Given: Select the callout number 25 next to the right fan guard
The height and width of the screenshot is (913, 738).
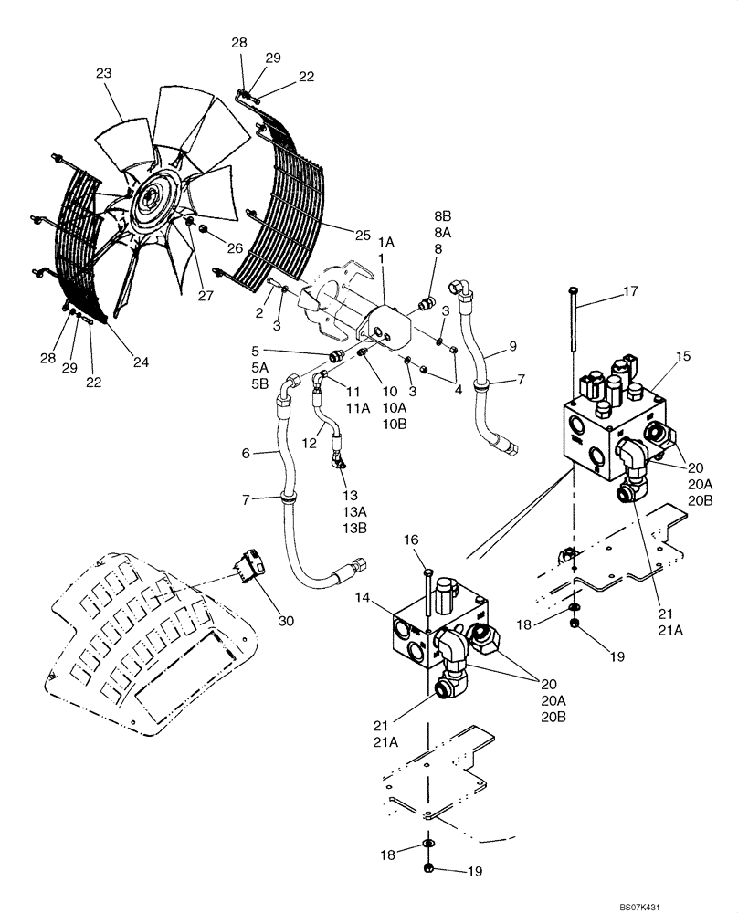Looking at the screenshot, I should pos(363,236).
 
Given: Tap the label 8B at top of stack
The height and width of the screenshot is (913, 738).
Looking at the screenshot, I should pos(443,215).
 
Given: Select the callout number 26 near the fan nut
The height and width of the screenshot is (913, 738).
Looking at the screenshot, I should pos(236,248).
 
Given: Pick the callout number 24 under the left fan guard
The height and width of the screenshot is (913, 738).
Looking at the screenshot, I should pos(140,362).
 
